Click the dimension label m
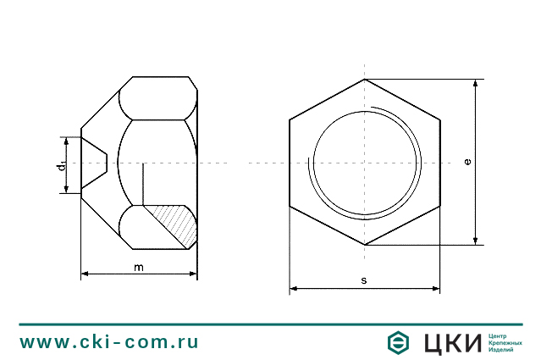[139, 268]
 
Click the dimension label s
[364, 280]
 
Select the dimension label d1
[62, 164]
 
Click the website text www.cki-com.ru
[109, 342]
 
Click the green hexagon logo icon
[398, 342]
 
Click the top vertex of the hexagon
[365, 80]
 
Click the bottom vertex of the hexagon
[365, 245]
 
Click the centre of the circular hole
[365, 162]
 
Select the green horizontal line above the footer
[270, 324]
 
